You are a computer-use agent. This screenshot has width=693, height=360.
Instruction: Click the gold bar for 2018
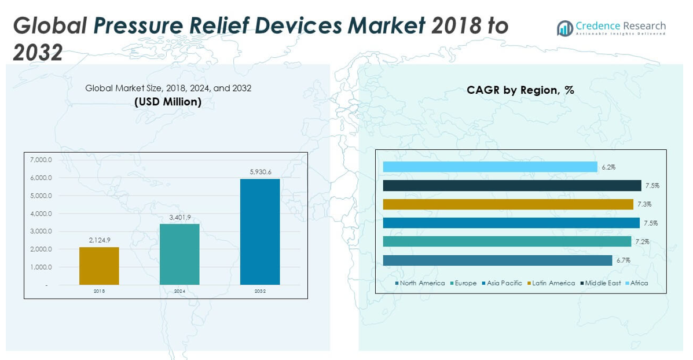coord(99,266)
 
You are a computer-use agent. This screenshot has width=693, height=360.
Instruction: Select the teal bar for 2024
coord(179,254)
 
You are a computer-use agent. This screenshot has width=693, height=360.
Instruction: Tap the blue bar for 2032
coord(260,232)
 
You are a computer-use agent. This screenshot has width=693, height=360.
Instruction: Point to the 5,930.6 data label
coord(260,172)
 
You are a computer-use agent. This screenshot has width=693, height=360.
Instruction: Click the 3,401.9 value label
coord(179,217)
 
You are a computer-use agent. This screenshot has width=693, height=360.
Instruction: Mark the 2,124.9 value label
coord(99,240)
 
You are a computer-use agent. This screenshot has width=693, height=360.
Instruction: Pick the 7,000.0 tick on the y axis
coord(41,160)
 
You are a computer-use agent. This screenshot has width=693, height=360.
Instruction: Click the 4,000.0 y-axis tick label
coord(41,214)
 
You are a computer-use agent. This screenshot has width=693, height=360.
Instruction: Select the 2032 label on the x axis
coord(260,291)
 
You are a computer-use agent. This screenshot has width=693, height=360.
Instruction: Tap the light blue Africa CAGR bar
coord(490,167)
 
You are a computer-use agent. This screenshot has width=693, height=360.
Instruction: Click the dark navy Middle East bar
coord(512,186)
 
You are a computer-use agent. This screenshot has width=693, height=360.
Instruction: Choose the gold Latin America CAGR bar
coord(508,204)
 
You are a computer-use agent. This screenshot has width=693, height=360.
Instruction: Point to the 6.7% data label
coord(623,260)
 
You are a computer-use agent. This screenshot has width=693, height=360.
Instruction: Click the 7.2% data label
coord(641,242)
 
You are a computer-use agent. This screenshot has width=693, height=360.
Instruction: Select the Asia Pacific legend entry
coord(504,283)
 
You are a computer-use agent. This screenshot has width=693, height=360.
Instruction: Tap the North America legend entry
coord(420,283)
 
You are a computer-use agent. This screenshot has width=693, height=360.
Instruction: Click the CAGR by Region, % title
coord(520,90)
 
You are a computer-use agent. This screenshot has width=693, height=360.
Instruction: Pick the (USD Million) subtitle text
coord(168,102)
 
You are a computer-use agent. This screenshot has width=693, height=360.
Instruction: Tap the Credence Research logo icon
coord(564,28)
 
